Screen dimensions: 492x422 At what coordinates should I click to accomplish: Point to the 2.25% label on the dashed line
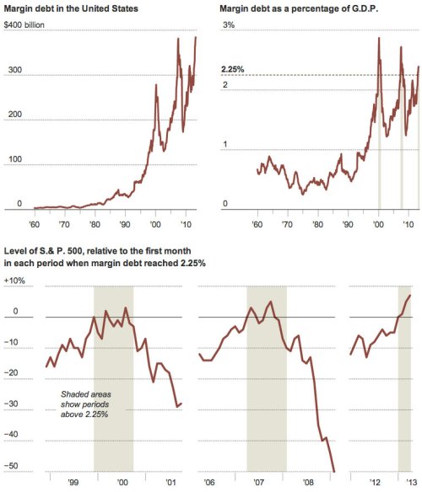pos(232,69)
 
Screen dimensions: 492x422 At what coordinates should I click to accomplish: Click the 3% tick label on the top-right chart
pos(227,26)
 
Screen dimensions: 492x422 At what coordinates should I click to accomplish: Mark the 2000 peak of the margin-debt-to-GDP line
pos(378,39)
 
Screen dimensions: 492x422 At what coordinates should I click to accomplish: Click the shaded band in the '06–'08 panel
pos(266,379)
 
